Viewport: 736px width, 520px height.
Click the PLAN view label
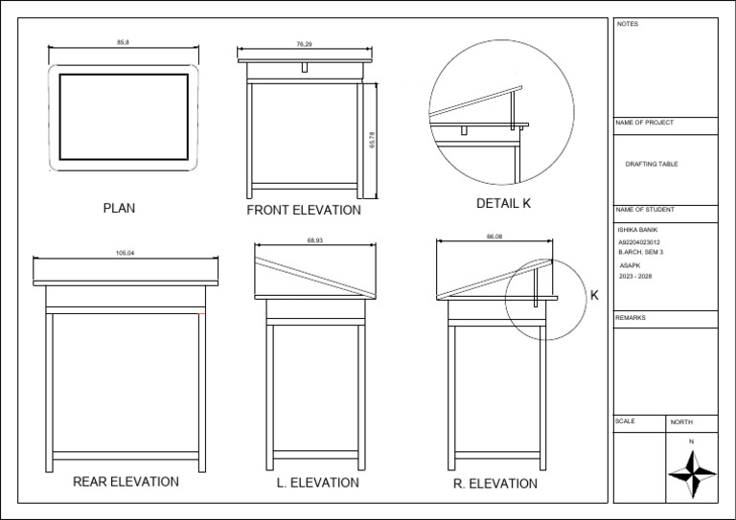pyautogui.click(x=119, y=208)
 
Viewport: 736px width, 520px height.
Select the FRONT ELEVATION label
pyautogui.click(x=304, y=210)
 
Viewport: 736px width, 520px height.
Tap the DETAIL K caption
pyautogui.click(x=503, y=203)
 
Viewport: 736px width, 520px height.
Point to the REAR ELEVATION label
pyautogui.click(x=126, y=482)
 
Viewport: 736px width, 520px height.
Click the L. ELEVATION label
pyautogui.click(x=317, y=483)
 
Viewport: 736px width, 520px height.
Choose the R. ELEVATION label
pyautogui.click(x=495, y=484)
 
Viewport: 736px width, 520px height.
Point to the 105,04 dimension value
pyautogui.click(x=126, y=253)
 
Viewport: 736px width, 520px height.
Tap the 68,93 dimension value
pyautogui.click(x=314, y=240)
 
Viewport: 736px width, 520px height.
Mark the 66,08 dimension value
pyautogui.click(x=494, y=237)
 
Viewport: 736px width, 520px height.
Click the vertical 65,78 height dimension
pyautogui.click(x=372, y=140)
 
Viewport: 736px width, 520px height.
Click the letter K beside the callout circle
pyautogui.click(x=594, y=295)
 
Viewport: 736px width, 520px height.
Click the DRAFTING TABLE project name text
pyautogui.click(x=652, y=165)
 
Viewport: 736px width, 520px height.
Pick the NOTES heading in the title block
pyautogui.click(x=627, y=24)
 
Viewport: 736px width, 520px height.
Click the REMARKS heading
pyautogui.click(x=632, y=317)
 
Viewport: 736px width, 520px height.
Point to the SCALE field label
pyautogui.click(x=625, y=421)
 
